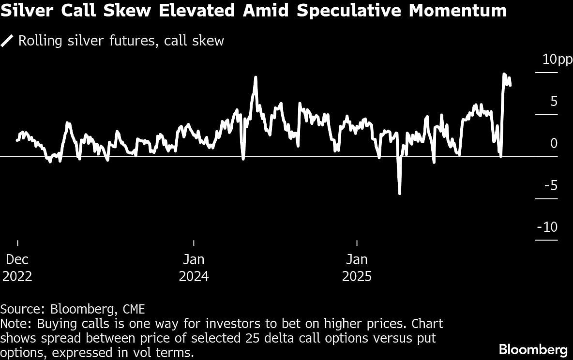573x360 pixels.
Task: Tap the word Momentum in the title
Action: [457, 11]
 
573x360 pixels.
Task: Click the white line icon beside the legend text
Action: [7, 41]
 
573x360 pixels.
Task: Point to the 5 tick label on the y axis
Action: [554, 102]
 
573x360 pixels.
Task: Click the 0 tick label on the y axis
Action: [554, 144]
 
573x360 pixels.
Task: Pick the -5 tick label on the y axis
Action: [551, 185]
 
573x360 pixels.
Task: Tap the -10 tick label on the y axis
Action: [547, 227]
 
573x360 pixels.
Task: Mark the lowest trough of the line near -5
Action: [400, 194]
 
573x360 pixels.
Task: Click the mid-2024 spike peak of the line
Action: [255, 77]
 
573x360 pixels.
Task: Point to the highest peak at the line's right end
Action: [504, 74]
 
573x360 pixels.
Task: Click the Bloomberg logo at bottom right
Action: [533, 349]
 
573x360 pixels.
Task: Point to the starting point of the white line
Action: [17, 140]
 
